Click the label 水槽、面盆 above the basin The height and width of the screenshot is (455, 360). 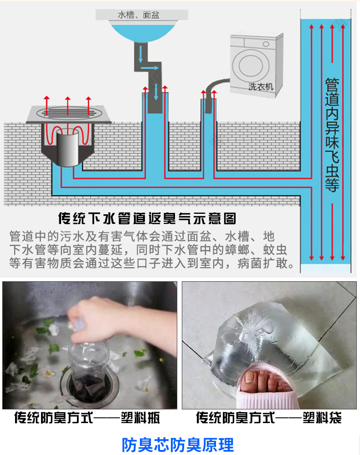click(x=139, y=15)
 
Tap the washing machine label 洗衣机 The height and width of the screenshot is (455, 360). click(x=261, y=87)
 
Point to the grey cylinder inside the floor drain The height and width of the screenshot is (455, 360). click(x=67, y=148)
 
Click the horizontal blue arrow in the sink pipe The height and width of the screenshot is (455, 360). click(x=149, y=68)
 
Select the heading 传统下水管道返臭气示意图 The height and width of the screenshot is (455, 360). click(x=147, y=218)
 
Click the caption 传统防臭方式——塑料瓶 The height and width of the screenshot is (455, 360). click(x=87, y=418)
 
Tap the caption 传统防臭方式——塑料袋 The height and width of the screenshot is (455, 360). click(x=268, y=418)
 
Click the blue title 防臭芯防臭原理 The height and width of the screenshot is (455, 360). click(x=178, y=445)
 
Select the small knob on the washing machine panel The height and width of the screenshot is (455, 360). click(x=266, y=44)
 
